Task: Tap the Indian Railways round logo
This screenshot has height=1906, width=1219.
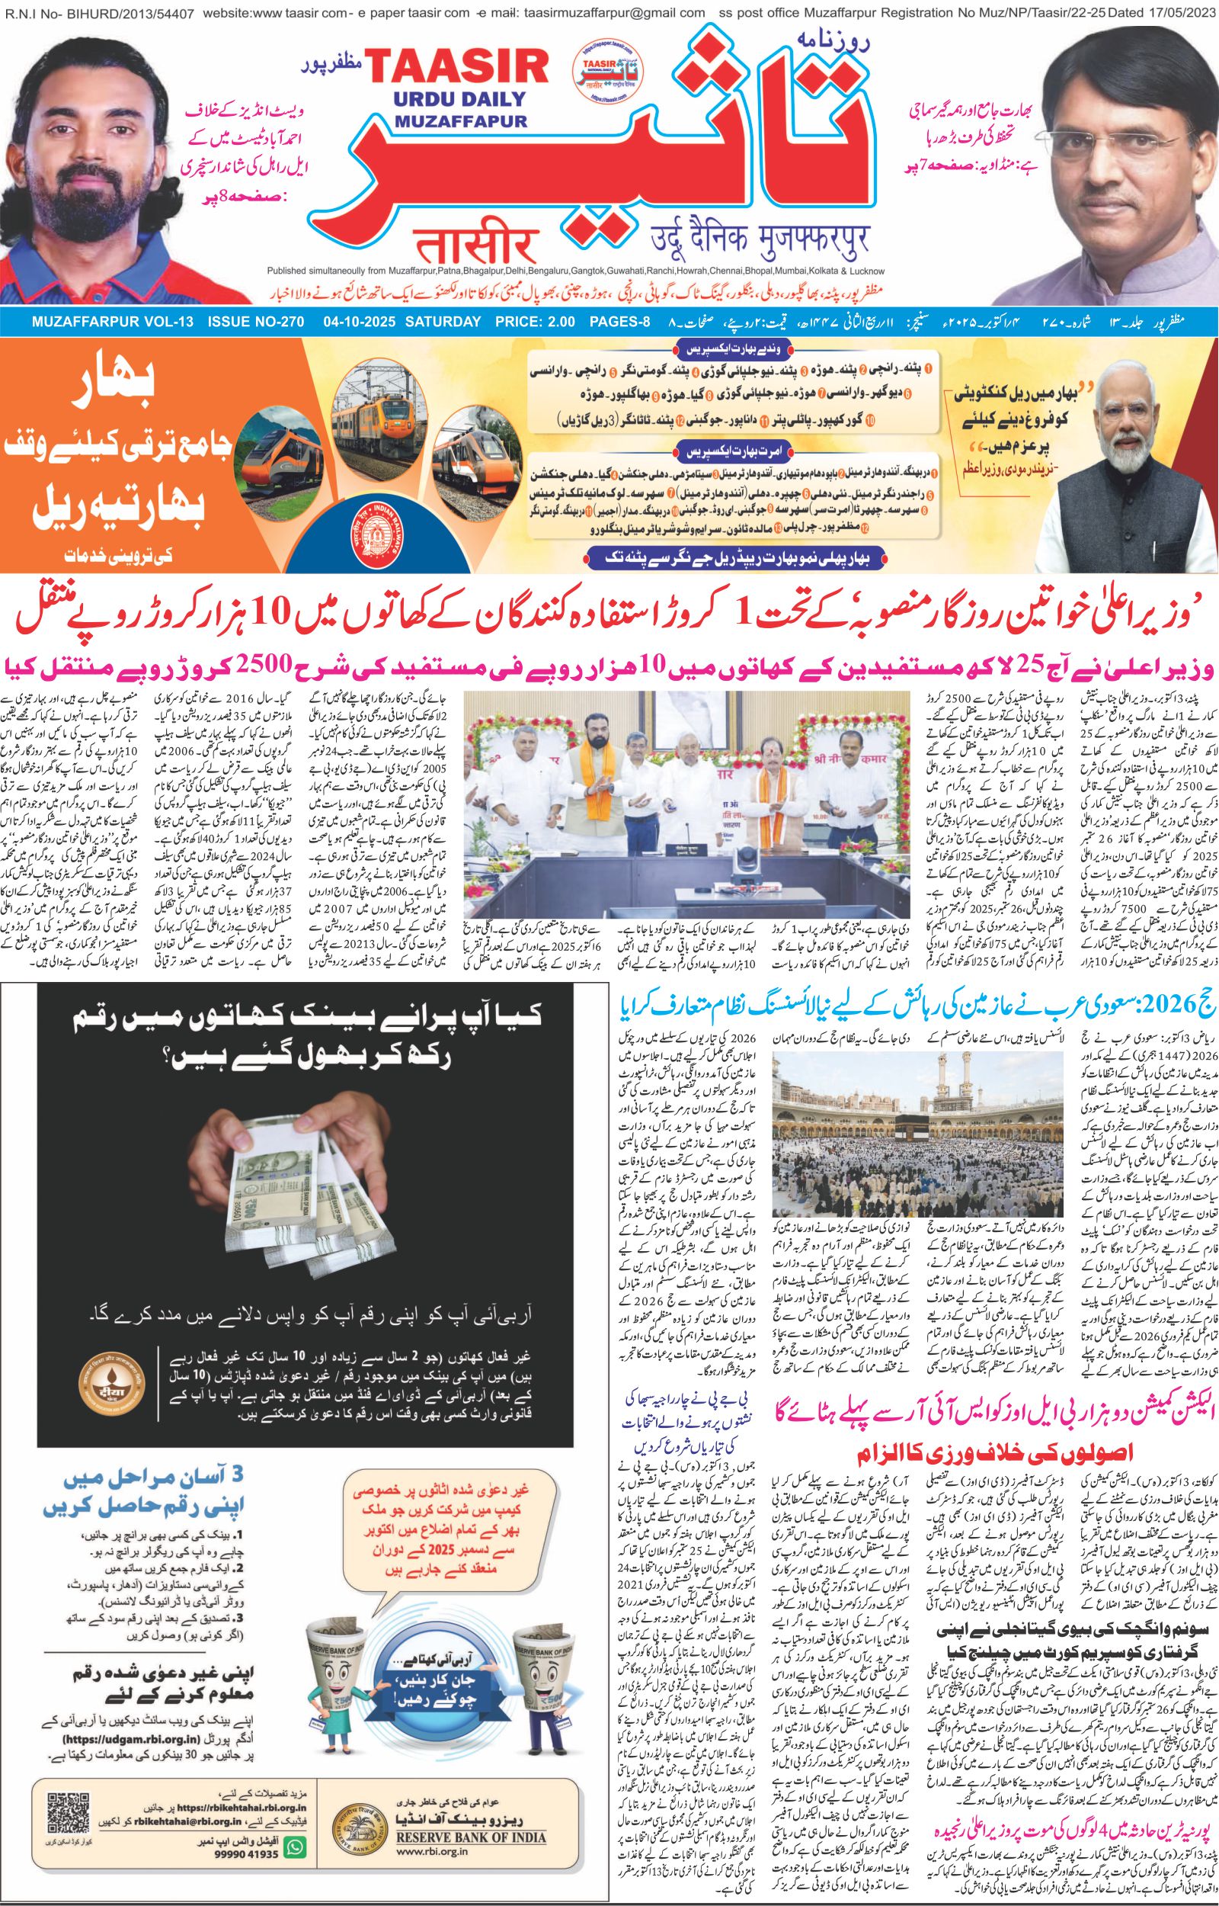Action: pos(382,529)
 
